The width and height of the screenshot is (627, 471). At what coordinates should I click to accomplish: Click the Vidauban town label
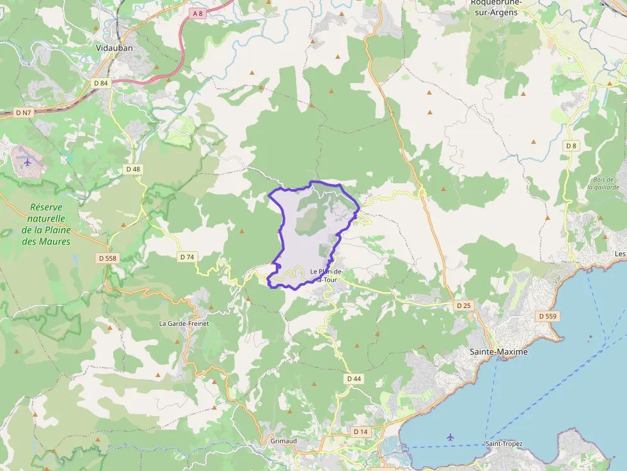[114, 48]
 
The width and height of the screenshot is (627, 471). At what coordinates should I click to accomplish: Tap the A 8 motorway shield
[198, 13]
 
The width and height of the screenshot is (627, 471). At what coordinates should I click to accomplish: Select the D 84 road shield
[101, 82]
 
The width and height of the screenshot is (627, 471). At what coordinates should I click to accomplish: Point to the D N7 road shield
[22, 112]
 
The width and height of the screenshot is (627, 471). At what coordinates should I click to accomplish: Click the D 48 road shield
[133, 169]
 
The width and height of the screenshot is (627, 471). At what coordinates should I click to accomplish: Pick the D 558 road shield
[107, 258]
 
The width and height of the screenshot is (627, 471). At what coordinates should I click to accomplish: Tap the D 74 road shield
[187, 257]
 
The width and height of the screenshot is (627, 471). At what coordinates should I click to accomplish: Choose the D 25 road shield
[464, 305]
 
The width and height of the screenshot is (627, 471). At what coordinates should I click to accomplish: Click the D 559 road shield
[548, 316]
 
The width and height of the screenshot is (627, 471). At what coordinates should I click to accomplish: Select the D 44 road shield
[354, 379]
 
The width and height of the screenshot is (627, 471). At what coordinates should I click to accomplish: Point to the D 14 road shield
[361, 432]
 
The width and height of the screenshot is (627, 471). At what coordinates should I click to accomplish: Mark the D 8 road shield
[571, 146]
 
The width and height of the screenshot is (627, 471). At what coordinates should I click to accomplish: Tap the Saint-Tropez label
[504, 444]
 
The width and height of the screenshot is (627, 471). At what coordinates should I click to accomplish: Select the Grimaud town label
[283, 442]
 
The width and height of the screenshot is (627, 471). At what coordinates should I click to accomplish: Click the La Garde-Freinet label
[184, 323]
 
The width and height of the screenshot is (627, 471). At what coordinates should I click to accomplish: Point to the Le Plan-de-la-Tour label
[328, 275]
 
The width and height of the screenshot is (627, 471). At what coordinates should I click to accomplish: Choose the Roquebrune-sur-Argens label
[496, 7]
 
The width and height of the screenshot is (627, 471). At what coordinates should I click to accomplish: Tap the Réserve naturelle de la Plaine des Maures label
[46, 224]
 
